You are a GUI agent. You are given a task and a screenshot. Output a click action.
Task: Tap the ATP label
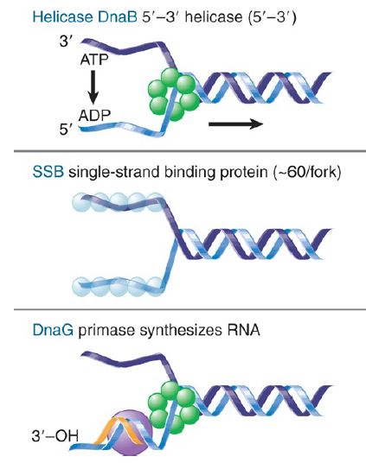94,60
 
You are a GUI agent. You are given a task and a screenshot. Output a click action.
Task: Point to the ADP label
94,115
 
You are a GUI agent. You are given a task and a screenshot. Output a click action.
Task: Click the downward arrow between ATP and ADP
93,87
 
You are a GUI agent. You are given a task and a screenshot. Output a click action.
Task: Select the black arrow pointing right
236,124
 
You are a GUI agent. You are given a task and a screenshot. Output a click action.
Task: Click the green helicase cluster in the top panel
173,94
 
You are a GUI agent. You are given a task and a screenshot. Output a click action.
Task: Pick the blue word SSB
48,172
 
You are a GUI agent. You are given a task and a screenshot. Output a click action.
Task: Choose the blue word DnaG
53,329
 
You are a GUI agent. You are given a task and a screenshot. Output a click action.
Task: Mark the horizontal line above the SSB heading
190,151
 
